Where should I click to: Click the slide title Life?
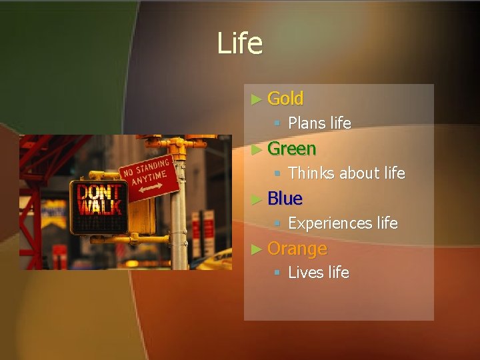239,44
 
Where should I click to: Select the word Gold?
285,99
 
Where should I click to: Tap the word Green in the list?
291,149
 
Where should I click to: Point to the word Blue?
285,199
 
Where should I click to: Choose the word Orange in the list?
297,249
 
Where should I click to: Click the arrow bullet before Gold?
257,99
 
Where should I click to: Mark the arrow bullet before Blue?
257,199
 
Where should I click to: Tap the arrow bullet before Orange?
257,249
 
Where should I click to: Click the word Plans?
307,123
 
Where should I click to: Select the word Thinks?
311,173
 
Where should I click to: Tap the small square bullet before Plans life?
278,123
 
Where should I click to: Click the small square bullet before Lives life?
278,273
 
